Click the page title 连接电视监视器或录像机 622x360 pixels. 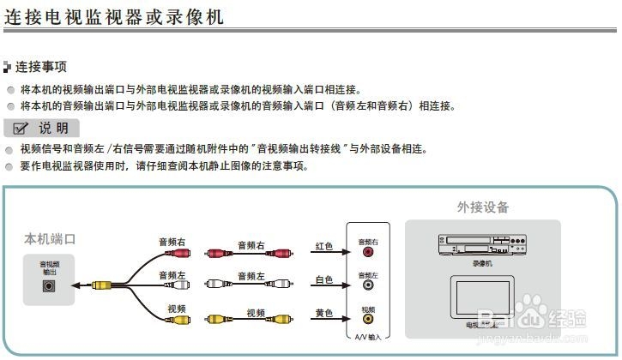click(x=115, y=15)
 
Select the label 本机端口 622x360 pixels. click(x=50, y=239)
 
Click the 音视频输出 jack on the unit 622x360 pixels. click(x=49, y=286)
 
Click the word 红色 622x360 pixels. click(x=323, y=247)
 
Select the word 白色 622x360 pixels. click(x=323, y=279)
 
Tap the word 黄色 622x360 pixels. click(x=323, y=314)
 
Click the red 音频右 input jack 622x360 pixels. click(x=368, y=254)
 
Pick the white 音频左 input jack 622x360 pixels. click(x=368, y=286)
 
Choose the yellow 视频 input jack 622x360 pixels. click(x=368, y=320)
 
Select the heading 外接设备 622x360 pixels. click(x=482, y=207)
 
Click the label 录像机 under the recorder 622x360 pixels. click(x=482, y=264)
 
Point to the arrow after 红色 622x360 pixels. click(x=343, y=253)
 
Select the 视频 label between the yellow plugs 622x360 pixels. click(x=256, y=314)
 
